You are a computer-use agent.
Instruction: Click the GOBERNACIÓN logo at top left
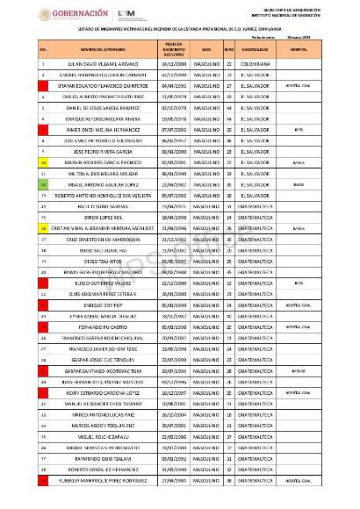pos(73,14)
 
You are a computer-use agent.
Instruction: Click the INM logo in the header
pos(129,14)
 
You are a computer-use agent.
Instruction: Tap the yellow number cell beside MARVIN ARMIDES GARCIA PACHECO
pos(18,162)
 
